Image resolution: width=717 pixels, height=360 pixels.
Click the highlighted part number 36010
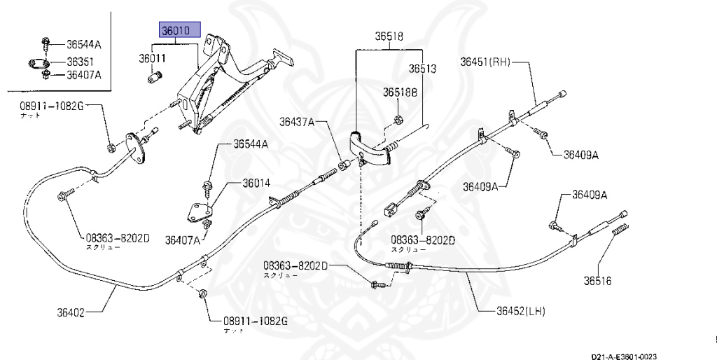pos(181,30)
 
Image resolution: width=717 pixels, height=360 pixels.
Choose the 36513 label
pos(423,69)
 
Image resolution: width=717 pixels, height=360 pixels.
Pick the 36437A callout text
pos(298,121)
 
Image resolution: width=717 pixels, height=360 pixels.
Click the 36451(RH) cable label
pos(485,61)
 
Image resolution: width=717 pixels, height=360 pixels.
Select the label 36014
pos(256,184)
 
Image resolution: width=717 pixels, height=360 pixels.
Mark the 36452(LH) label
pos(522,311)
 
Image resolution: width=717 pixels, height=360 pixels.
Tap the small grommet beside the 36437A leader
pos(344,166)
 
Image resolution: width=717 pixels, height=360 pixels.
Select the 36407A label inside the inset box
pos(83,75)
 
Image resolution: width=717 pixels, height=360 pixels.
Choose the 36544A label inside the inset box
pos(83,45)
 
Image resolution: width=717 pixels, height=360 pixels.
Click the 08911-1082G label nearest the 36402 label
pos(256,321)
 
